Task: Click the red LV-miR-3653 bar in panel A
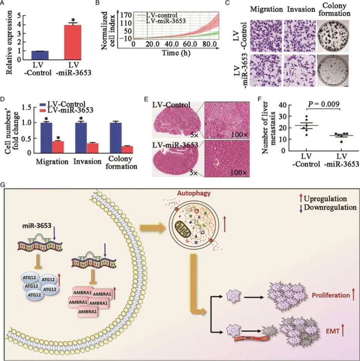[72, 42]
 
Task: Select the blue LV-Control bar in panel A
[40, 55]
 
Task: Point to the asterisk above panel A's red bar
[73, 20]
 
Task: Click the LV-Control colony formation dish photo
[333, 36]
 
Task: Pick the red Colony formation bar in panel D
[127, 149]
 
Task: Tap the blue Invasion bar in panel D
[81, 138]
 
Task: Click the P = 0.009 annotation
[324, 104]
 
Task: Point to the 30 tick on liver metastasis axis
[281, 117]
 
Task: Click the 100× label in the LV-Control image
[240, 135]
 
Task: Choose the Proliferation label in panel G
[331, 295]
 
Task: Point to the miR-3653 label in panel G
[37, 226]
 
